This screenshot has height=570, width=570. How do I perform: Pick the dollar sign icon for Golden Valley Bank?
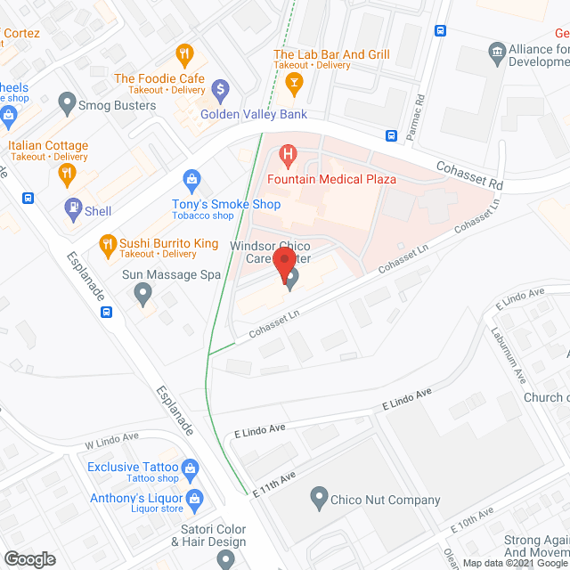point(222,90)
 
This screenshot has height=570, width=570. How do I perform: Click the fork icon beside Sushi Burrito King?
point(108,243)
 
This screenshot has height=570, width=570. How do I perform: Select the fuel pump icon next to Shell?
point(72,211)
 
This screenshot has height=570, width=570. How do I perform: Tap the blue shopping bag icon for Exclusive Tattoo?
point(190,468)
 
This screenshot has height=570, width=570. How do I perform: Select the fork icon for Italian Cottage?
point(65,175)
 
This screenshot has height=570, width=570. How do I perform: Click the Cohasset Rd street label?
point(469,175)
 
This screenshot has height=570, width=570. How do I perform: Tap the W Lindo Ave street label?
point(112,439)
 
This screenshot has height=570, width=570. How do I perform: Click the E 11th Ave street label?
point(273,484)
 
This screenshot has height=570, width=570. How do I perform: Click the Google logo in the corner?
point(29,558)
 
